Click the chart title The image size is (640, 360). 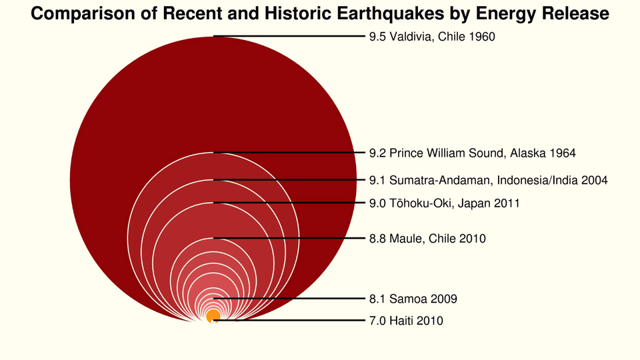[x=320, y=13]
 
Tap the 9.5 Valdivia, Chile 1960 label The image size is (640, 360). [x=432, y=37]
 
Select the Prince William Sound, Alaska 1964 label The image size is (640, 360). [x=472, y=153]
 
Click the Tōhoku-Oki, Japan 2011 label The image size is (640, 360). [x=444, y=203]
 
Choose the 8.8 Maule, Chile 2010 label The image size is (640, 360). [x=427, y=238]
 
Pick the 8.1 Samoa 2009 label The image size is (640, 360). [x=413, y=298]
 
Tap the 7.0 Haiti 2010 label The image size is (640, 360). [x=405, y=321]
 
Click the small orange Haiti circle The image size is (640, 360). [x=213, y=316]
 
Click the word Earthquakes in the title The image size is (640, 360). [x=397, y=13]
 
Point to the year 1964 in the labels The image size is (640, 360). [x=563, y=153]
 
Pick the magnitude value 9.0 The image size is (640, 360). [x=377, y=203]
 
